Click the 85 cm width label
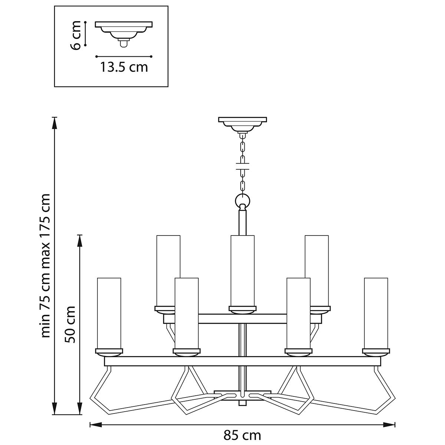click(242, 435)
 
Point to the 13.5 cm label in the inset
click(124, 67)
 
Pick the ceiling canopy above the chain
click(243, 123)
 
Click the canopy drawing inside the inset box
click(123, 31)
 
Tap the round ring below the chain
click(243, 201)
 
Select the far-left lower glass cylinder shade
click(109, 313)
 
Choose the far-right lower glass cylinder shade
click(376, 313)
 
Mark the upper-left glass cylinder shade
click(168, 271)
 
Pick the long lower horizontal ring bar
click(243, 361)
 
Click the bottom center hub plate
click(243, 393)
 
